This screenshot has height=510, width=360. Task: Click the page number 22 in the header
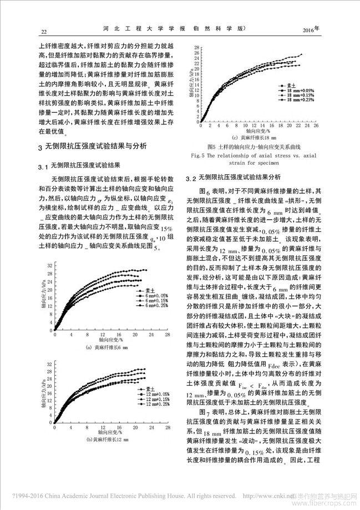37,31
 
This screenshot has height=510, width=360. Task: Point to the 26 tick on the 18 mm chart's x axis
316,133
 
